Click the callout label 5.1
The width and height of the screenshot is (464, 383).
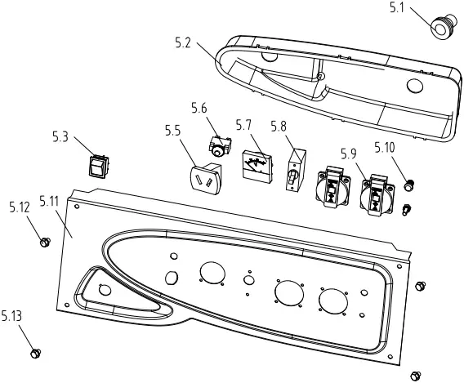coord(396,8)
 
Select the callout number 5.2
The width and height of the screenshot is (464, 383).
coord(183,43)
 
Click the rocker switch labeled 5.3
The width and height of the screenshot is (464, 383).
coord(99,167)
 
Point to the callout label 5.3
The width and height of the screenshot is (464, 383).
coord(60,137)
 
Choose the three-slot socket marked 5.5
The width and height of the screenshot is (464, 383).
coord(205,179)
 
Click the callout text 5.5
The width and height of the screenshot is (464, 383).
coord(173,131)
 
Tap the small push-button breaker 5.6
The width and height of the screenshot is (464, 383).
coord(221,145)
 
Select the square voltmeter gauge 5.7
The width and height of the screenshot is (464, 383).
coord(257,167)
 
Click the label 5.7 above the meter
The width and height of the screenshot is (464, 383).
coord(243,126)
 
